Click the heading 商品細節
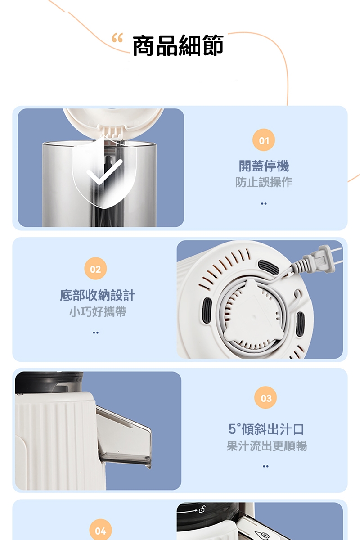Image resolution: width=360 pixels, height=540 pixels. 178,46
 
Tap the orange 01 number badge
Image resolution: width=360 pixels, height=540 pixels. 264,141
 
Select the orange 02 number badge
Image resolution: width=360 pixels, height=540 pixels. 95,269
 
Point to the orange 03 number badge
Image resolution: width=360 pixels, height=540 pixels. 266,398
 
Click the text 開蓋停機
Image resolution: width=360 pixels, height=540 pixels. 264,166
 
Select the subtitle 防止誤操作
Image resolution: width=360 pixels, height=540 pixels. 264,182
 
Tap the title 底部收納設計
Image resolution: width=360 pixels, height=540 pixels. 97,295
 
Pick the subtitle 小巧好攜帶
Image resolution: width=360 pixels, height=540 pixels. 97,311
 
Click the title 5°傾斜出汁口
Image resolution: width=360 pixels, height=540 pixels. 266,429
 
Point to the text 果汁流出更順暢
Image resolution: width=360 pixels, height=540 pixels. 266,445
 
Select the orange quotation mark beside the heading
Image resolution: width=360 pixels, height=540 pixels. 117,40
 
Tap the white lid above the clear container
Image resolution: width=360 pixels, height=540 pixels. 113,120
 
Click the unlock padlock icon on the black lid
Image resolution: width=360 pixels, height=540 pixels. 202,509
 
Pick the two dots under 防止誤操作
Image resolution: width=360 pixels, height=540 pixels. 264,203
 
